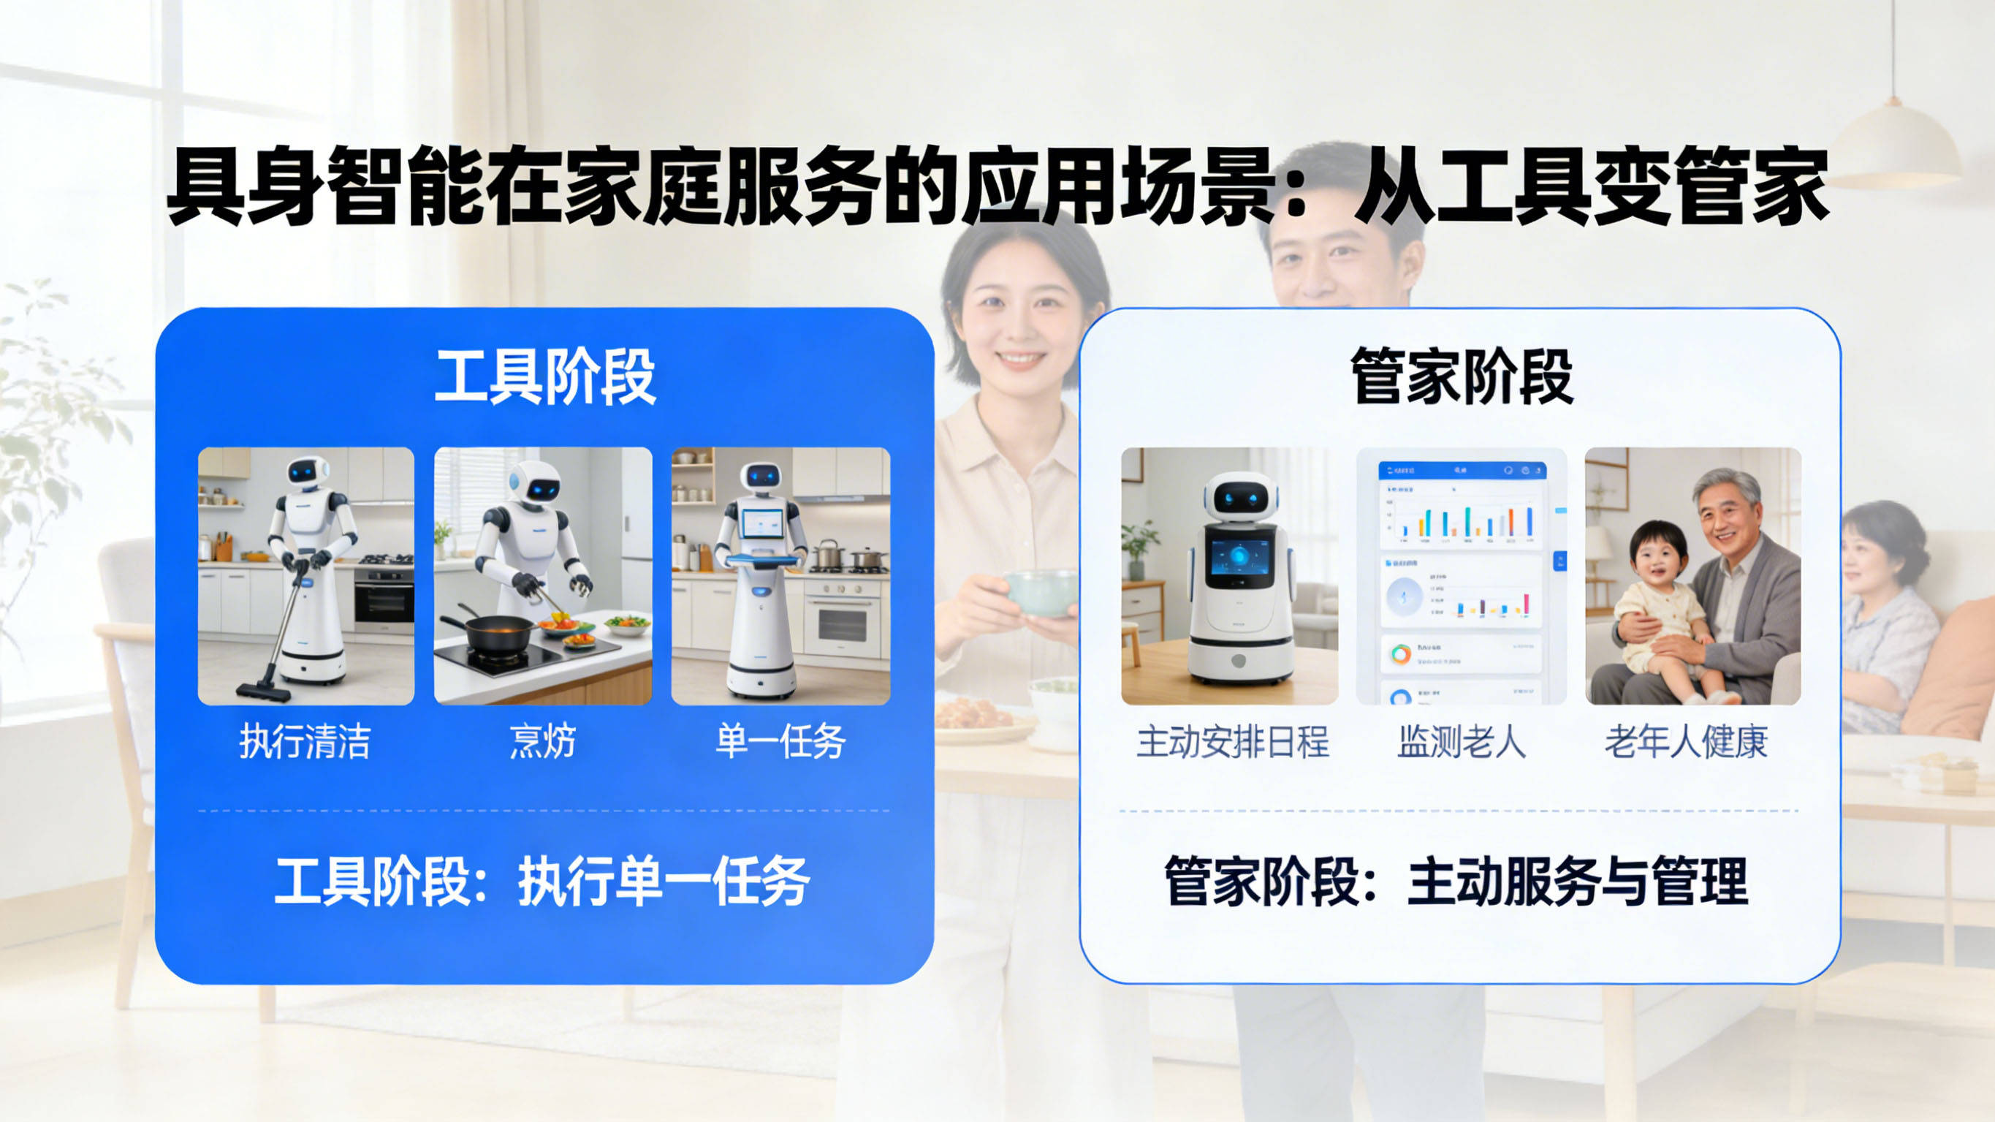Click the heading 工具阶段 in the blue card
point(544,377)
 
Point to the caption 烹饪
point(542,741)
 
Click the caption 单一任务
point(780,741)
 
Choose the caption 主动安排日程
point(1232,741)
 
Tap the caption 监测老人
point(1461,741)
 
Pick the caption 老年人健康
point(1686,741)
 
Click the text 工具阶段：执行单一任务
point(542,882)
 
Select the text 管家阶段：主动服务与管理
point(1456,882)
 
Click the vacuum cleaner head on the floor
point(264,689)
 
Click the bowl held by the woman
point(1040,593)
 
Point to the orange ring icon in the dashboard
point(1400,655)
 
